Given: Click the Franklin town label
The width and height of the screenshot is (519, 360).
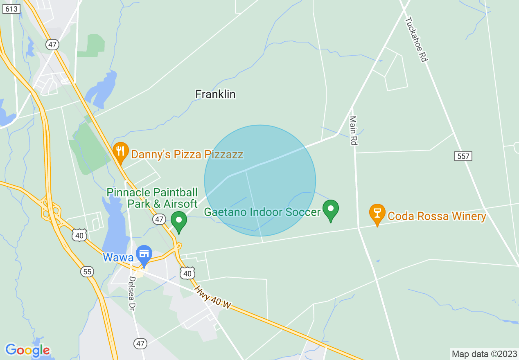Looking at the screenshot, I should click(x=215, y=94).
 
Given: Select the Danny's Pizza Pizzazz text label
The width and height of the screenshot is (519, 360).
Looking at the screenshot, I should click(x=187, y=154).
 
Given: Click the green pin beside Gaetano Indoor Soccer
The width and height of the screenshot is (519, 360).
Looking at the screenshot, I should click(x=331, y=210).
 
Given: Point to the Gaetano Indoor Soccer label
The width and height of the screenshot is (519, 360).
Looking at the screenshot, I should click(x=262, y=212).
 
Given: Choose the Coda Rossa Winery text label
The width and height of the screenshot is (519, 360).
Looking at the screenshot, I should click(x=437, y=216).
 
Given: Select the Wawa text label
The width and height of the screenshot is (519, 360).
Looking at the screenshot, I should click(x=118, y=257).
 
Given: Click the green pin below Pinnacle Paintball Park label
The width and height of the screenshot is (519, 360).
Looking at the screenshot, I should click(x=179, y=221).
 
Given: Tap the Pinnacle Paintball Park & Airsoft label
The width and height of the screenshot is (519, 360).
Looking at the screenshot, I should click(x=152, y=198).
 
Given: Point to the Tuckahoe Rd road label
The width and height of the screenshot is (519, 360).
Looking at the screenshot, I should click(x=416, y=39).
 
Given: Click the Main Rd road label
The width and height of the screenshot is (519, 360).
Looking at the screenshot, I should click(x=353, y=130).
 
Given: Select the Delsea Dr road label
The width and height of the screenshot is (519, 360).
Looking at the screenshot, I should click(x=132, y=292).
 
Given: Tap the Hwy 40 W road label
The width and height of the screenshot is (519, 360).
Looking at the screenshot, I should click(x=213, y=297).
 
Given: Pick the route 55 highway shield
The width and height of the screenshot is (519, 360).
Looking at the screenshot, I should click(x=87, y=272).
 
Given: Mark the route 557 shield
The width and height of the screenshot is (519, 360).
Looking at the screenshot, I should click(x=463, y=156).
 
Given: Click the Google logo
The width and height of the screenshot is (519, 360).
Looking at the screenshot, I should click(x=27, y=350).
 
